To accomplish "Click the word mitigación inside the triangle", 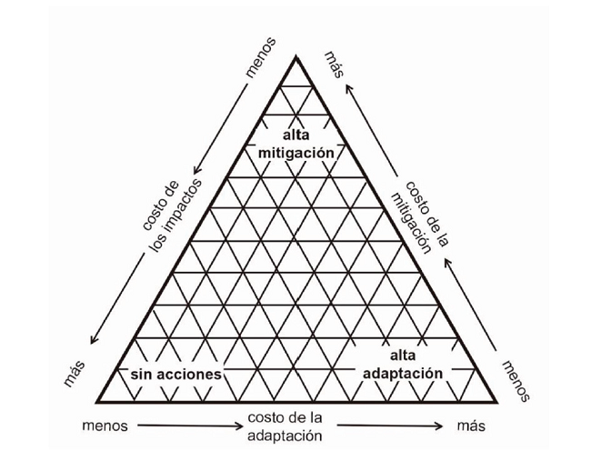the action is click(295, 154).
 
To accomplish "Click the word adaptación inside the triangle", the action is click(403, 373).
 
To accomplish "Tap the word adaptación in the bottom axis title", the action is click(283, 435).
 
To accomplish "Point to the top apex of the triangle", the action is click(295, 57).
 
